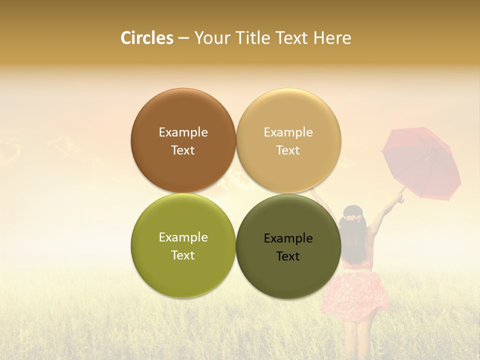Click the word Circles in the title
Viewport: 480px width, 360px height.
pos(147,38)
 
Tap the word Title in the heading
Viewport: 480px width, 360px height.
pos(253,38)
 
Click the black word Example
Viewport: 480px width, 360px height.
pos(288,238)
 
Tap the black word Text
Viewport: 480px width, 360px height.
pos(288,256)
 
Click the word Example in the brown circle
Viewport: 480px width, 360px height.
pos(183,132)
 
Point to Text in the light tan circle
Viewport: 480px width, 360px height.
pos(288,150)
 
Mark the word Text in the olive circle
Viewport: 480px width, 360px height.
pos(183,255)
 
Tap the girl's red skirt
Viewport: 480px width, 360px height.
pos(354,298)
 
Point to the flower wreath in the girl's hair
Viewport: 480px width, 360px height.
pos(353,218)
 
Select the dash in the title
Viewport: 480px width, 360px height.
pos(183,38)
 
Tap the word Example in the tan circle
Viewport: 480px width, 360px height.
pos(288,132)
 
